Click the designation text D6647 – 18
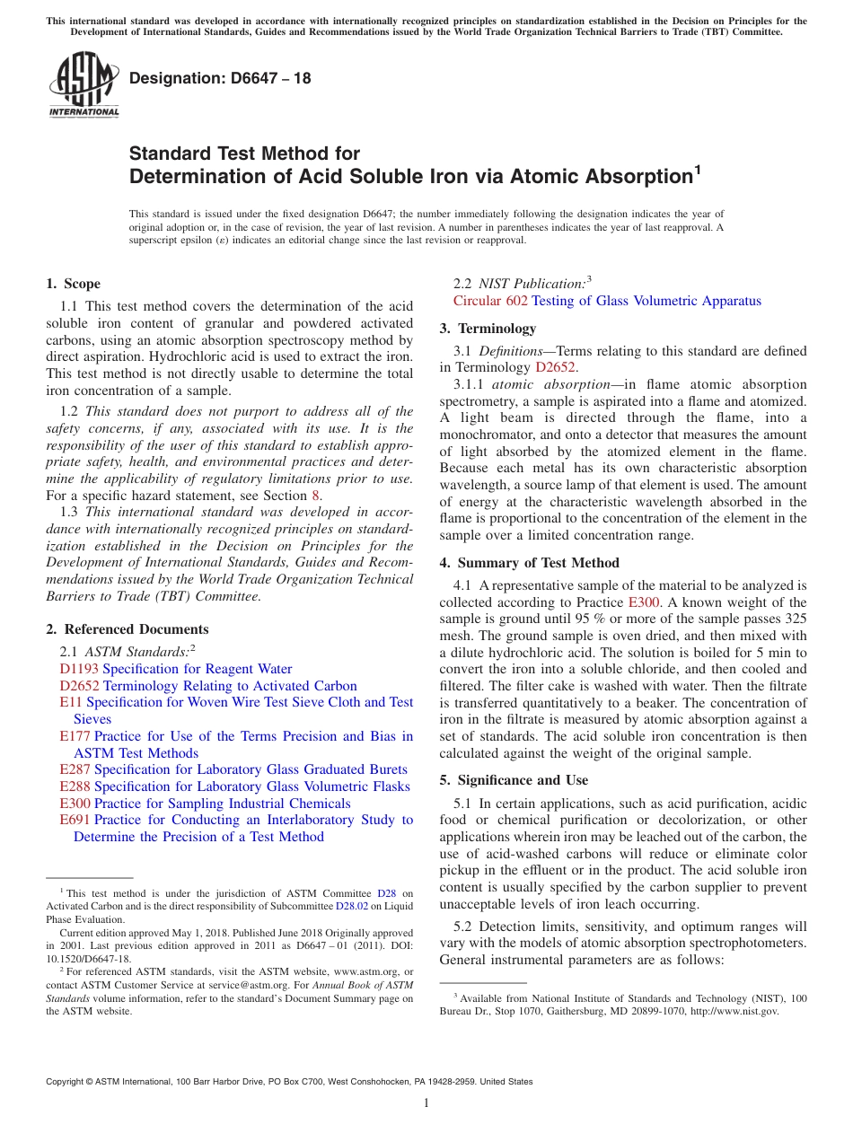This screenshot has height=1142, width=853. click(x=220, y=78)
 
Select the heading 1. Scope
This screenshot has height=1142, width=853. click(x=74, y=284)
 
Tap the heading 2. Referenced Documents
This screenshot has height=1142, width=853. click(x=128, y=629)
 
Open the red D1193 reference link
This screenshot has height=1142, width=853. click(x=79, y=669)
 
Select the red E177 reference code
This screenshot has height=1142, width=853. click(x=75, y=736)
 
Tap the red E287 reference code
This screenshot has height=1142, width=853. click(x=75, y=769)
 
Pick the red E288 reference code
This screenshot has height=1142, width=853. click(x=75, y=786)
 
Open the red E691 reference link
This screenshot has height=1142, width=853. click(x=75, y=820)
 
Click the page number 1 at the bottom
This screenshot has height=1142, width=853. click(x=426, y=1103)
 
